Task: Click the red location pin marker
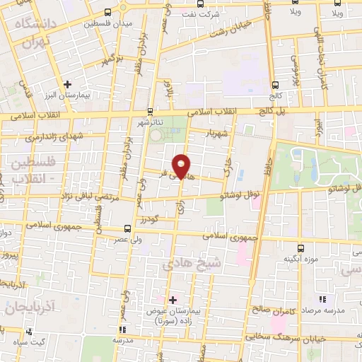pos(182,165)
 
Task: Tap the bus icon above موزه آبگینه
pos(300,247)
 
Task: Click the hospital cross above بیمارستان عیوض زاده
pos(172,300)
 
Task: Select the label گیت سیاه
pos(28,342)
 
